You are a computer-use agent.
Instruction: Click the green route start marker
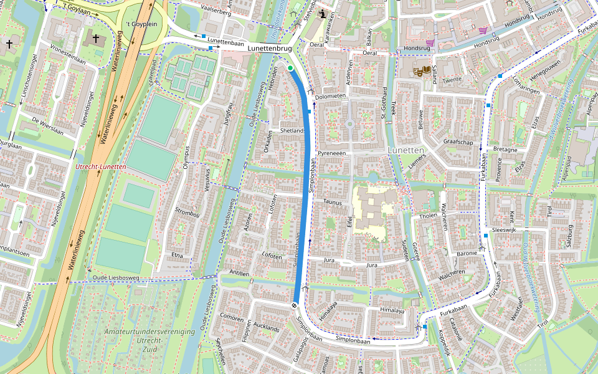tap(290, 67)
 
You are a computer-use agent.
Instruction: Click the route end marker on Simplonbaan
tap(294, 305)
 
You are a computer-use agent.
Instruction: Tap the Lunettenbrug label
tap(269, 48)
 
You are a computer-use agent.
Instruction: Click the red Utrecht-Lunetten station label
tap(100, 167)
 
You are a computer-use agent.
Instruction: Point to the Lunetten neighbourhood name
tap(405, 151)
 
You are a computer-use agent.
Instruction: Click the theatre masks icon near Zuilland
tap(420, 71)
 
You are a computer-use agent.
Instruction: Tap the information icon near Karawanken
tap(322, 14)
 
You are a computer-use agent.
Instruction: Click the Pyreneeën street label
tap(331, 153)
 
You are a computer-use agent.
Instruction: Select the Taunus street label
tap(333, 202)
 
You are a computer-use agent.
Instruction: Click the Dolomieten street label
tap(330, 97)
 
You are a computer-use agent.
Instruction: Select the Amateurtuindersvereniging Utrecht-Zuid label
tap(149, 337)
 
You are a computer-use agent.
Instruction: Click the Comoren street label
tap(232, 318)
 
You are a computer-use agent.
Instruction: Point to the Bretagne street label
tap(505, 150)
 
